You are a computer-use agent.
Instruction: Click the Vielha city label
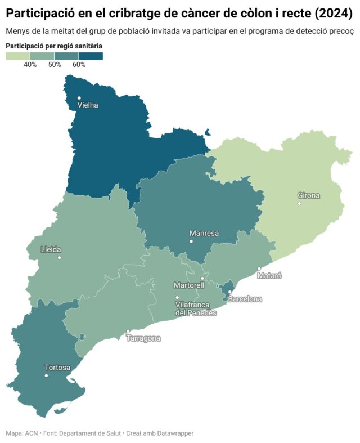pyautogui.click(x=88, y=105)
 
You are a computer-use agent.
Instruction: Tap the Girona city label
pyautogui.click(x=308, y=196)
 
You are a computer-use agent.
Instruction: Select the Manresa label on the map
pyautogui.click(x=204, y=233)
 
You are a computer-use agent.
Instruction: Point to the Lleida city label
pyautogui.click(x=51, y=250)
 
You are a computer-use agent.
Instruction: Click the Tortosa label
pyautogui.click(x=57, y=368)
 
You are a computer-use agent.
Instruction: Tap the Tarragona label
pyautogui.click(x=143, y=338)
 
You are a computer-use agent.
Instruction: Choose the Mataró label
pyautogui.click(x=269, y=276)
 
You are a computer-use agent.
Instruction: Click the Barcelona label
pyautogui.click(x=245, y=299)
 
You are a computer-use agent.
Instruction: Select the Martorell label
pyautogui.click(x=189, y=285)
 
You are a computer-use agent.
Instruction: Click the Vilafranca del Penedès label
pyautogui.click(x=196, y=308)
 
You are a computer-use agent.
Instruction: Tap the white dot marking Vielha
pyautogui.click(x=79, y=98)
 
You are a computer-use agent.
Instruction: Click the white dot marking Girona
pyautogui.click(x=299, y=203)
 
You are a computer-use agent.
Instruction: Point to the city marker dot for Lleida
pyautogui.click(x=59, y=257)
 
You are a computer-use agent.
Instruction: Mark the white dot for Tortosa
pyautogui.click(x=47, y=375)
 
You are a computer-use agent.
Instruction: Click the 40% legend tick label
pyautogui.click(x=30, y=65)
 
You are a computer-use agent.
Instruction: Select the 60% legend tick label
pyautogui.click(x=79, y=65)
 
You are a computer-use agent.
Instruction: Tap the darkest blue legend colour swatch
pyautogui.click(x=91, y=56)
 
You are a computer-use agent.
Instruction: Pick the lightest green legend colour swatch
pyautogui.click(x=17, y=56)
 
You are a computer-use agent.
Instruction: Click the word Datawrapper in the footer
pyautogui.click(x=171, y=433)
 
